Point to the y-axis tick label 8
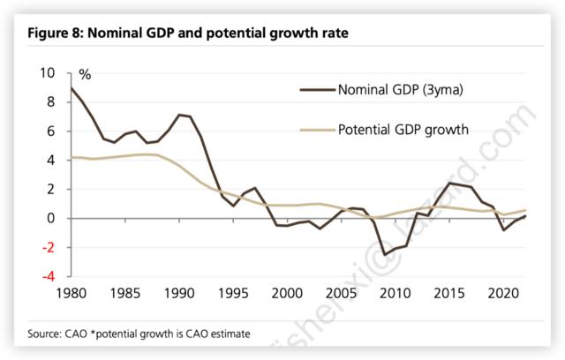(51, 102)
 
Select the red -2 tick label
(49, 248)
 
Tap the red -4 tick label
(49, 277)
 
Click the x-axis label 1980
(70, 293)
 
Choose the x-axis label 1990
(180, 293)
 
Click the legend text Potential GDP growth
(403, 130)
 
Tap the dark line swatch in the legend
(314, 89)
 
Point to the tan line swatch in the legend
(314, 130)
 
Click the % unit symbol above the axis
(86, 75)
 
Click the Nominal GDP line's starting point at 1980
(70, 87)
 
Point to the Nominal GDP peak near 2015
(450, 183)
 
